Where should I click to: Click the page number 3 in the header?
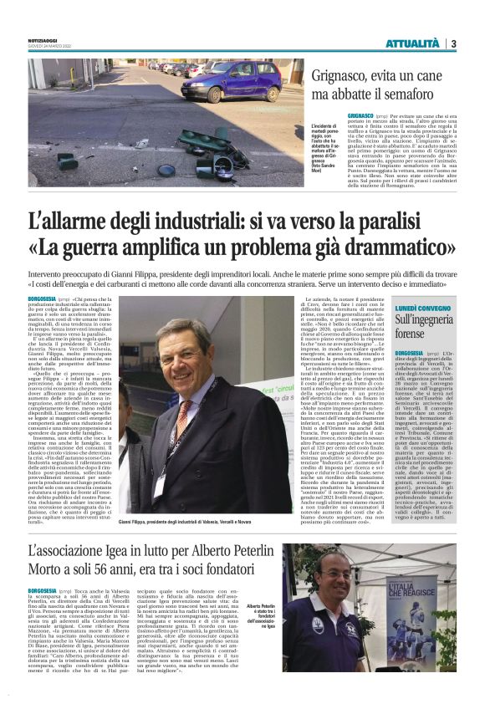tap(453, 43)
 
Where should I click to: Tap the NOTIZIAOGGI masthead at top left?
tap(43, 40)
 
